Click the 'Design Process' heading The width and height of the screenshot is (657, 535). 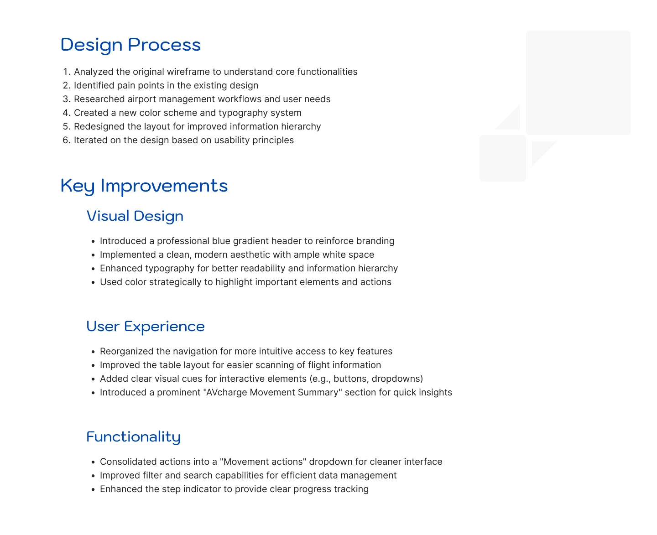tap(130, 45)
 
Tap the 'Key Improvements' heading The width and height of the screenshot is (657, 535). tap(144, 186)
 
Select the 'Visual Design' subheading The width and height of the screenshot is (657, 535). tap(135, 216)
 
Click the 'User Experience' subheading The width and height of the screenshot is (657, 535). tap(145, 326)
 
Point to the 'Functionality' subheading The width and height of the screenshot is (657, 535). tap(133, 437)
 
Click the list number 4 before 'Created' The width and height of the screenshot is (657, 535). tap(66, 113)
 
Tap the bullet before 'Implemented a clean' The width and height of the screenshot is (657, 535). tap(93, 255)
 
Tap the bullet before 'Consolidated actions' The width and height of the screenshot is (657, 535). tap(93, 462)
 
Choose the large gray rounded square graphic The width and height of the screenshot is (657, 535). tap(578, 83)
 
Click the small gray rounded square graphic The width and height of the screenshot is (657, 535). tap(502, 158)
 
